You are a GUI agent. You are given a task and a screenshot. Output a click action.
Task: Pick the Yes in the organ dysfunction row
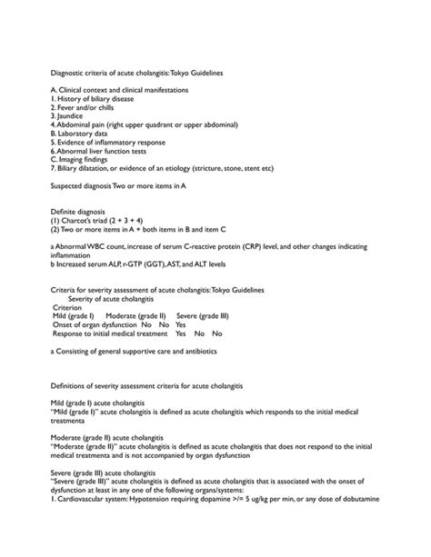pyautogui.click(x=181, y=324)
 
